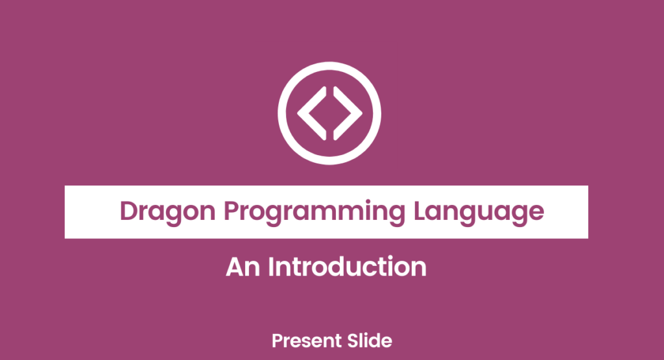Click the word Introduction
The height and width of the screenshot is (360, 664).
[347, 267]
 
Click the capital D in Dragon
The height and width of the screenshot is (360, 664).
[129, 211]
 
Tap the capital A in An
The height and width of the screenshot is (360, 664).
[235, 267]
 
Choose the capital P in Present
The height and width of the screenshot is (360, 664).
[276, 340]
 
